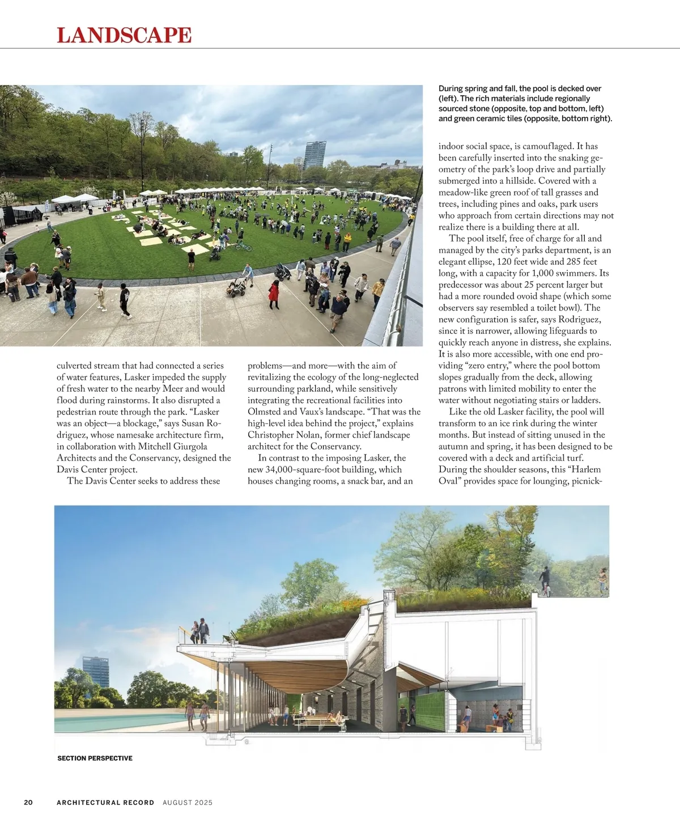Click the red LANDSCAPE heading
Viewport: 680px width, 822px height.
coord(124,35)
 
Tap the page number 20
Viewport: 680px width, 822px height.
coord(28,802)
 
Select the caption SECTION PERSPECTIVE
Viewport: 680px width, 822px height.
coord(95,758)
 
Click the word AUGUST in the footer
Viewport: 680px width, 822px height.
coord(177,802)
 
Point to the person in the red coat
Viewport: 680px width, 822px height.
coord(274,293)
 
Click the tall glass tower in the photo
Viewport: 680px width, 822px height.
coord(314,154)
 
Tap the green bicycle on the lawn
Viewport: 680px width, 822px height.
coord(244,247)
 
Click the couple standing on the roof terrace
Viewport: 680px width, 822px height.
coord(200,630)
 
